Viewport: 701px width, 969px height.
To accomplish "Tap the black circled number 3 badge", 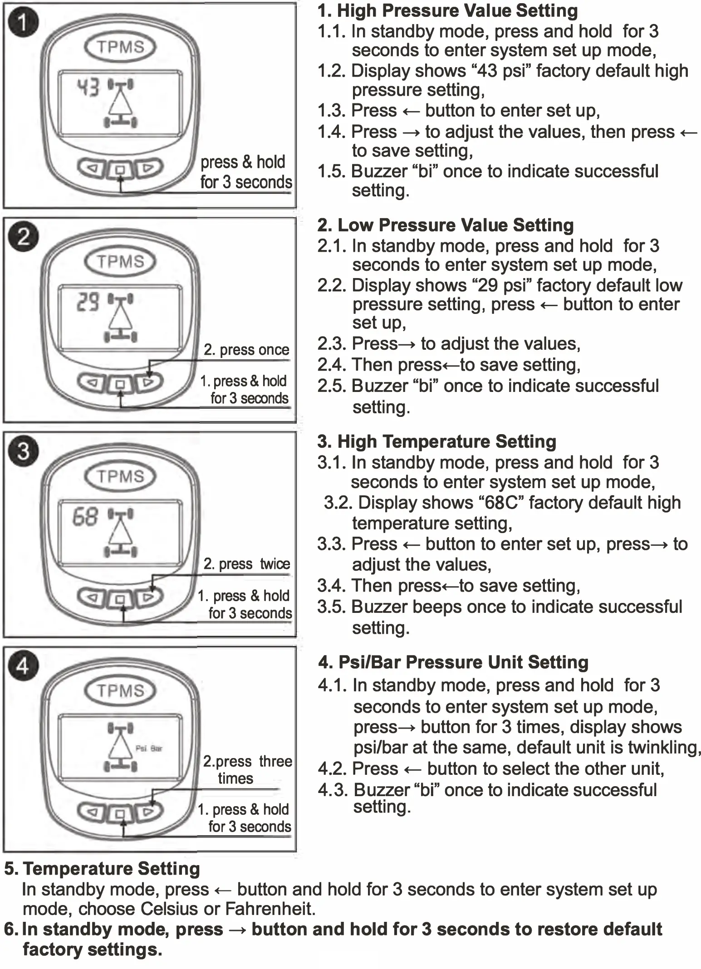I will point(23,451).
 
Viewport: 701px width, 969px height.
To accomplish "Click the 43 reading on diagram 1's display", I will point(88,87).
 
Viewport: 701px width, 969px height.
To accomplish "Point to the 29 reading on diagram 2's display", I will point(88,301).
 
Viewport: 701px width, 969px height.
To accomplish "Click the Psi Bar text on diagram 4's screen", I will point(149,748).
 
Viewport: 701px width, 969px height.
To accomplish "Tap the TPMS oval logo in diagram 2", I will point(120,262).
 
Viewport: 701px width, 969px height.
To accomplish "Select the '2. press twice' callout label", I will point(246,564).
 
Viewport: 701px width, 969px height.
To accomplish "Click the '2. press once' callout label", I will point(246,350).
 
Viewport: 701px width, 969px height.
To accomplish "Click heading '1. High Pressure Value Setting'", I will point(447,11).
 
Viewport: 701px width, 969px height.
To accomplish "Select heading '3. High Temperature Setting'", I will point(436,441).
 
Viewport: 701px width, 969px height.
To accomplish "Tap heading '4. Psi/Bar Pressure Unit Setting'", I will point(453,662).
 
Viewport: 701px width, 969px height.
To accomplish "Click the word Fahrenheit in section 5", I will point(270,909).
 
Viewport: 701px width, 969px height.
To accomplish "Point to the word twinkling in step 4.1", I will point(664,747).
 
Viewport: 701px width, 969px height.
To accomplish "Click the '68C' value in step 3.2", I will point(501,503).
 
